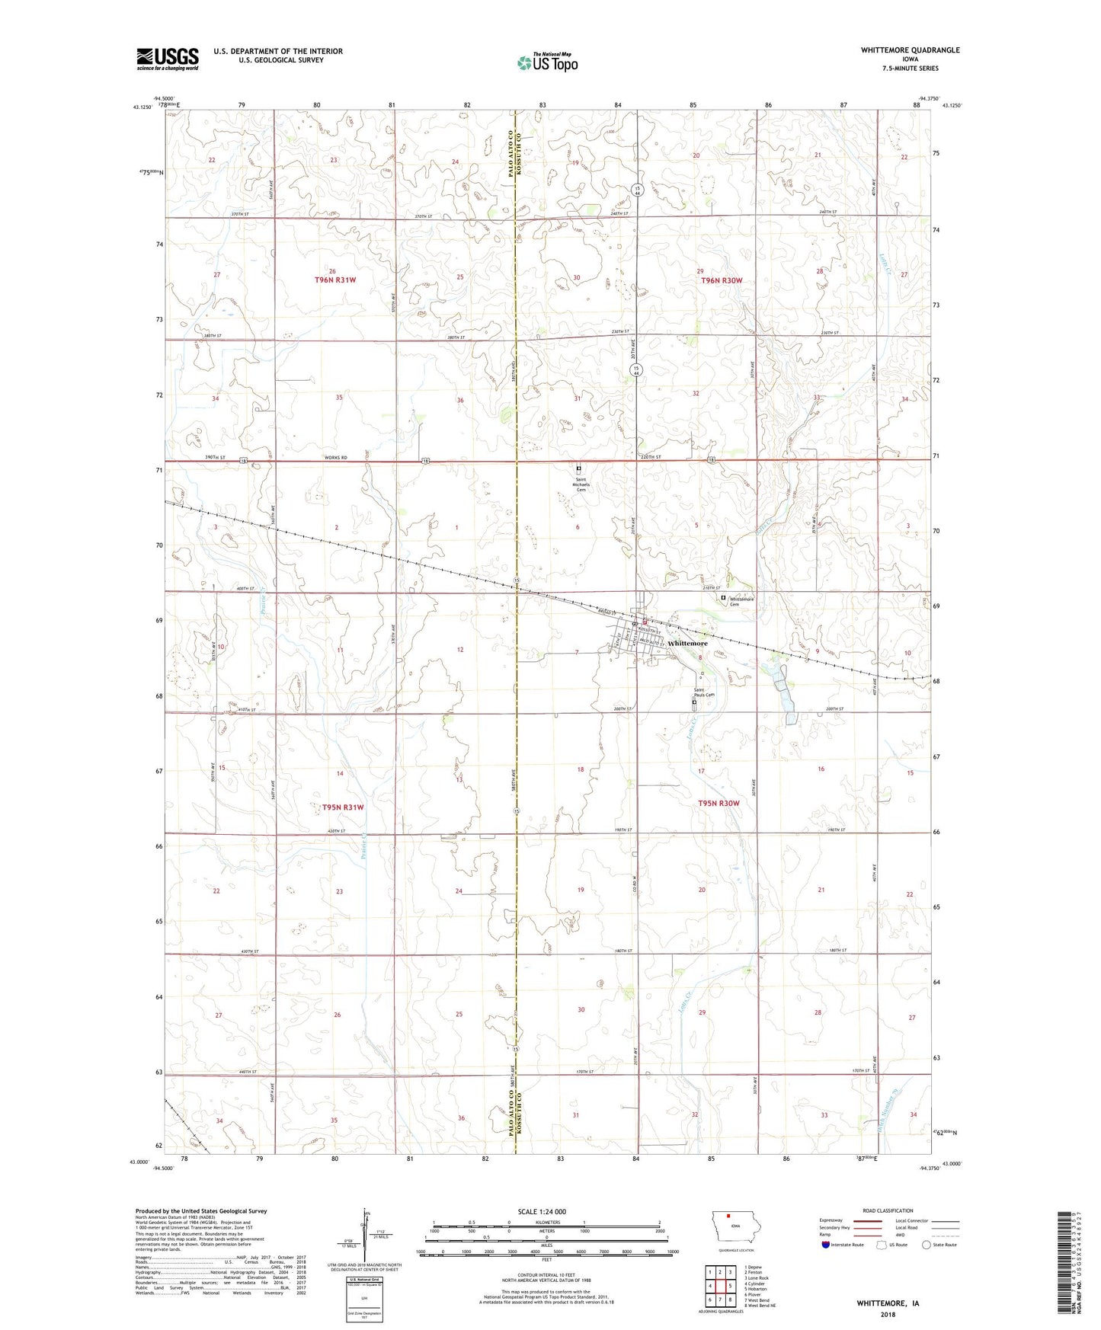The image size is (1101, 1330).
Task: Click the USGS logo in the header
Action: (168, 59)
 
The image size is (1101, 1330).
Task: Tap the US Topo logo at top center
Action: (548, 62)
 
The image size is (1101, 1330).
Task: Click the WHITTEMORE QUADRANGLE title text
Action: (910, 50)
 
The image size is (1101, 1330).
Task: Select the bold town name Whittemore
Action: (687, 644)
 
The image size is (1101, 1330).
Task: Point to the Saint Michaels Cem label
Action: (581, 484)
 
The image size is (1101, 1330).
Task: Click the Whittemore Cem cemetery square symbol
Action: (724, 598)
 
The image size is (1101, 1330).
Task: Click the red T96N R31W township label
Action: (335, 280)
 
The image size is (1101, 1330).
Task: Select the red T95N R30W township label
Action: (719, 804)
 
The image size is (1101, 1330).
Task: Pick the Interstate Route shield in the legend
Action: (826, 1245)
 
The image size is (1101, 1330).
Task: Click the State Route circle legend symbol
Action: (927, 1245)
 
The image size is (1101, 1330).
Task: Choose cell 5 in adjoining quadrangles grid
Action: (730, 1287)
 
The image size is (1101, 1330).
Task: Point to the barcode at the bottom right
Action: (1065, 1264)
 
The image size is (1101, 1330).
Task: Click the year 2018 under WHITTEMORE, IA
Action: (888, 1314)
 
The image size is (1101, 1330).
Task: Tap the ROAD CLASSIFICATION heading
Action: (888, 1210)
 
